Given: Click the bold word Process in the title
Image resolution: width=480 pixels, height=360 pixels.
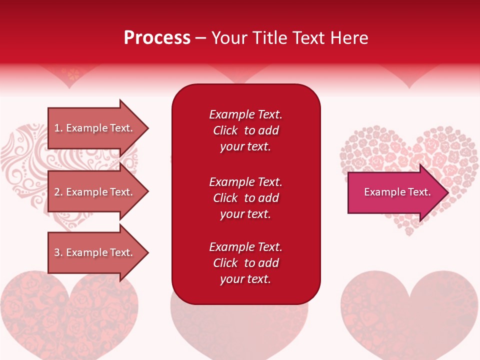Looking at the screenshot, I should (157, 38).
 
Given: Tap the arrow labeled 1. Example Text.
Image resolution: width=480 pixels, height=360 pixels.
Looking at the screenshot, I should (95, 128).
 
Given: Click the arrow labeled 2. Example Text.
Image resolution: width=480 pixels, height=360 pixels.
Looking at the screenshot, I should (95, 192).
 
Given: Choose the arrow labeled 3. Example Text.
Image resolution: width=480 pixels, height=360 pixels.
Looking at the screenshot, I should (95, 252).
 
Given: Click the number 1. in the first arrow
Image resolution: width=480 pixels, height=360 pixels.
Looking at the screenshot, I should (58, 128).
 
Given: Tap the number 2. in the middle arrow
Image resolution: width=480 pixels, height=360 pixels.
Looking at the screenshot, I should (58, 192).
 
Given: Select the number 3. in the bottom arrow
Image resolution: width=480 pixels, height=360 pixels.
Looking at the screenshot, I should (58, 252).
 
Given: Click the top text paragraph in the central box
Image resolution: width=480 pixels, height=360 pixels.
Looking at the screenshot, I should (245, 130).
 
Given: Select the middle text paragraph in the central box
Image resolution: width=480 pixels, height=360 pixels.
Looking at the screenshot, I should (245, 198).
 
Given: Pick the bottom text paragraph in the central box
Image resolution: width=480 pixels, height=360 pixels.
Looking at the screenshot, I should (245, 263).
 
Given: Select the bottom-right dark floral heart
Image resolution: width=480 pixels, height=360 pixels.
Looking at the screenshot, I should (410, 315).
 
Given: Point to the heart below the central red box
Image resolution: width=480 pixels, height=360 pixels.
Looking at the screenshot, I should (240, 325).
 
